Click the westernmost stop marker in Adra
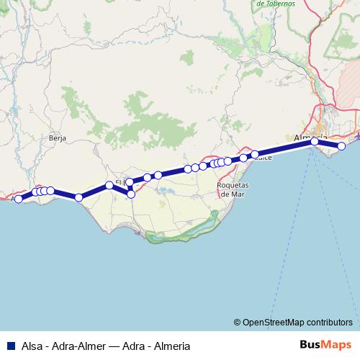click(x=19, y=198)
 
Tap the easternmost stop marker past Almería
click(x=342, y=146)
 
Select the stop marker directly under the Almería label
click(x=315, y=142)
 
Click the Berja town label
click(x=58, y=136)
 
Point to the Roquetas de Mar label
click(x=233, y=189)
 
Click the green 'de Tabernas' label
click(x=276, y=3)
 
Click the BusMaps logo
click(x=325, y=345)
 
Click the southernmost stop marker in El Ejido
click(x=131, y=194)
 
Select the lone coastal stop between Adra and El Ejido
click(x=78, y=197)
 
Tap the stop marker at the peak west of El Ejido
click(x=109, y=185)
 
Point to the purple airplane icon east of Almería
click(x=357, y=135)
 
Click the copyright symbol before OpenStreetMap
click(x=237, y=322)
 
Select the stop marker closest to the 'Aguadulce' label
click(x=255, y=154)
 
